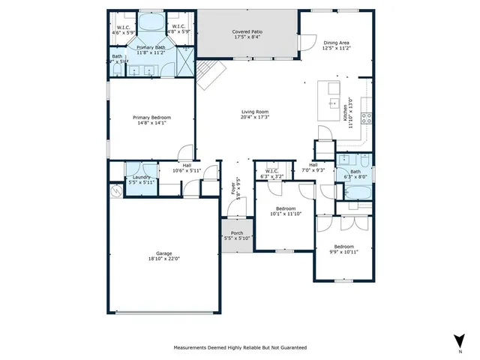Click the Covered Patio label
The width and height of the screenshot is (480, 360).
pyautogui.click(x=246, y=31)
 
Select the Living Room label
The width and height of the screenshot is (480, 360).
pyautogui.click(x=255, y=112)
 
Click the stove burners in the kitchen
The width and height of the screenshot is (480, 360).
pyautogui.click(x=367, y=116)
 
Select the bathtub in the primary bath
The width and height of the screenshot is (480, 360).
pyautogui.click(x=151, y=22)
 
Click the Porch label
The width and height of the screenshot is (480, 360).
pyautogui.click(x=237, y=233)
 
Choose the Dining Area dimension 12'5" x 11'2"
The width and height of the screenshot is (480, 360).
pyautogui.click(x=336, y=49)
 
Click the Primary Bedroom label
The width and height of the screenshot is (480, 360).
pyautogui.click(x=152, y=118)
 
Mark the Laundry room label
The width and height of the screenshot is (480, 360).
pyautogui.click(x=141, y=177)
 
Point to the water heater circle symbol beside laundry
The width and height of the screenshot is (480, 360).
pyautogui.click(x=115, y=192)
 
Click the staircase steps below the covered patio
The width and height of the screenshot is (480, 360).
pyautogui.click(x=212, y=73)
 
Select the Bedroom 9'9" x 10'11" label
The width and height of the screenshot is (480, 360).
pyautogui.click(x=343, y=247)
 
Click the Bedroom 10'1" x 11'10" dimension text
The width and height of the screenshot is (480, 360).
pyautogui.click(x=285, y=214)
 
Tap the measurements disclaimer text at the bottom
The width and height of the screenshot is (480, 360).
pyautogui.click(x=240, y=348)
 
